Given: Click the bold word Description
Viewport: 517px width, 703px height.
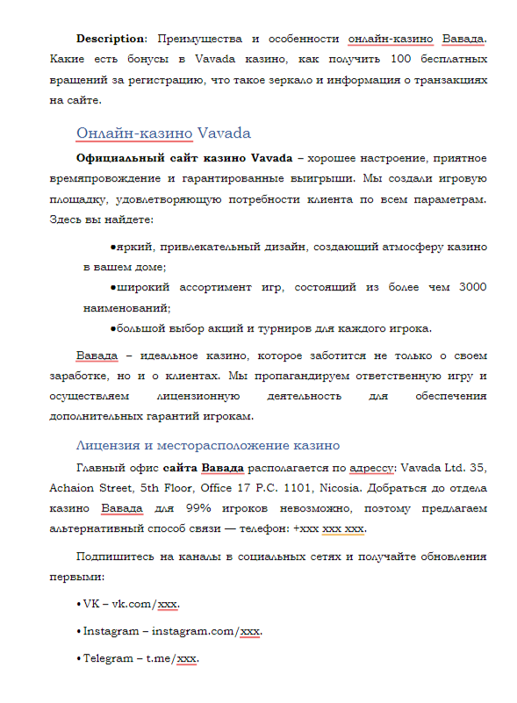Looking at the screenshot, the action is click(111, 39).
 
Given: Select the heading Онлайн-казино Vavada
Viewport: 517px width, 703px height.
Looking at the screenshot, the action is click(163, 133).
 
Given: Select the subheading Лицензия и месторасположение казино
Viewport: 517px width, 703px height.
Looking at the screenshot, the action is click(208, 445).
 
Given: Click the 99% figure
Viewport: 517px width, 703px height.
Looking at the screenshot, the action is click(222, 509).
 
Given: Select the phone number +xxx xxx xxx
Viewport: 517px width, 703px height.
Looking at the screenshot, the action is click(329, 529).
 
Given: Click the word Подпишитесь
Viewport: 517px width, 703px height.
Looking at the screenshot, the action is click(117, 557).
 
